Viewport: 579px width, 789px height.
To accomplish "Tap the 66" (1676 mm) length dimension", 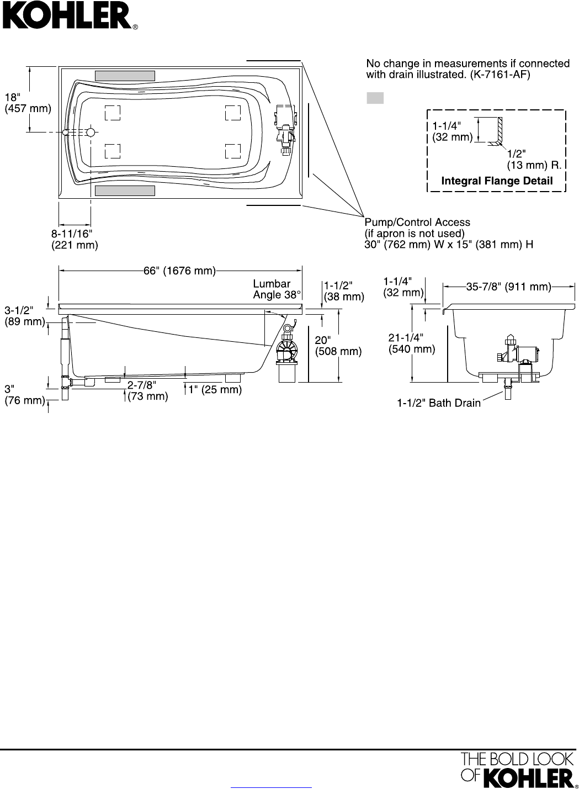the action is tap(179, 271).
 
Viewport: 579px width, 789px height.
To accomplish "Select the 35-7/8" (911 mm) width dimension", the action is tap(508, 287).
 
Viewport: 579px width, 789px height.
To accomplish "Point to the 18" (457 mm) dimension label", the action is tap(28, 103).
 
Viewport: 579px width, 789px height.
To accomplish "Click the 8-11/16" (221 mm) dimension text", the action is tap(75, 239).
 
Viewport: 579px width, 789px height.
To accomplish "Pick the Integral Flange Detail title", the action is tap(497, 181).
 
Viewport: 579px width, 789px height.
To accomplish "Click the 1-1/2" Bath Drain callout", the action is tap(439, 403).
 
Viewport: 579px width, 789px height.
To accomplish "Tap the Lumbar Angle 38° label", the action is tap(277, 289).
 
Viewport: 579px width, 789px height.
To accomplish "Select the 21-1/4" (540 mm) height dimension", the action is tap(412, 343).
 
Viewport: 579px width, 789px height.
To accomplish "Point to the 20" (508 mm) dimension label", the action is tap(338, 346).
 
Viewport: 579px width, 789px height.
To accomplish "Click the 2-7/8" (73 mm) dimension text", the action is tap(147, 390).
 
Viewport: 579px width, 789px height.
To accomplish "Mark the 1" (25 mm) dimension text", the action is tap(215, 390).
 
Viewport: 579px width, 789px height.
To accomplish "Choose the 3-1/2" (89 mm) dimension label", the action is tap(25, 316).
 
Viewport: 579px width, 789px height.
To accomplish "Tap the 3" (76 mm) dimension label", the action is tap(25, 394).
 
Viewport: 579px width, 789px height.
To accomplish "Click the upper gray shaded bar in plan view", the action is tap(125, 76).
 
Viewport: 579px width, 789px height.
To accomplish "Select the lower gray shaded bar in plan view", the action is tap(125, 190).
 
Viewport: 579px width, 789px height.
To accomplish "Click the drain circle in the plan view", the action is tap(91, 133).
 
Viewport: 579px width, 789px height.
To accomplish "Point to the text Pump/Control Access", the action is tap(417, 223).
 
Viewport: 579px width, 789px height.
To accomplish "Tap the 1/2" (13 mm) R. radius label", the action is tap(534, 159).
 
